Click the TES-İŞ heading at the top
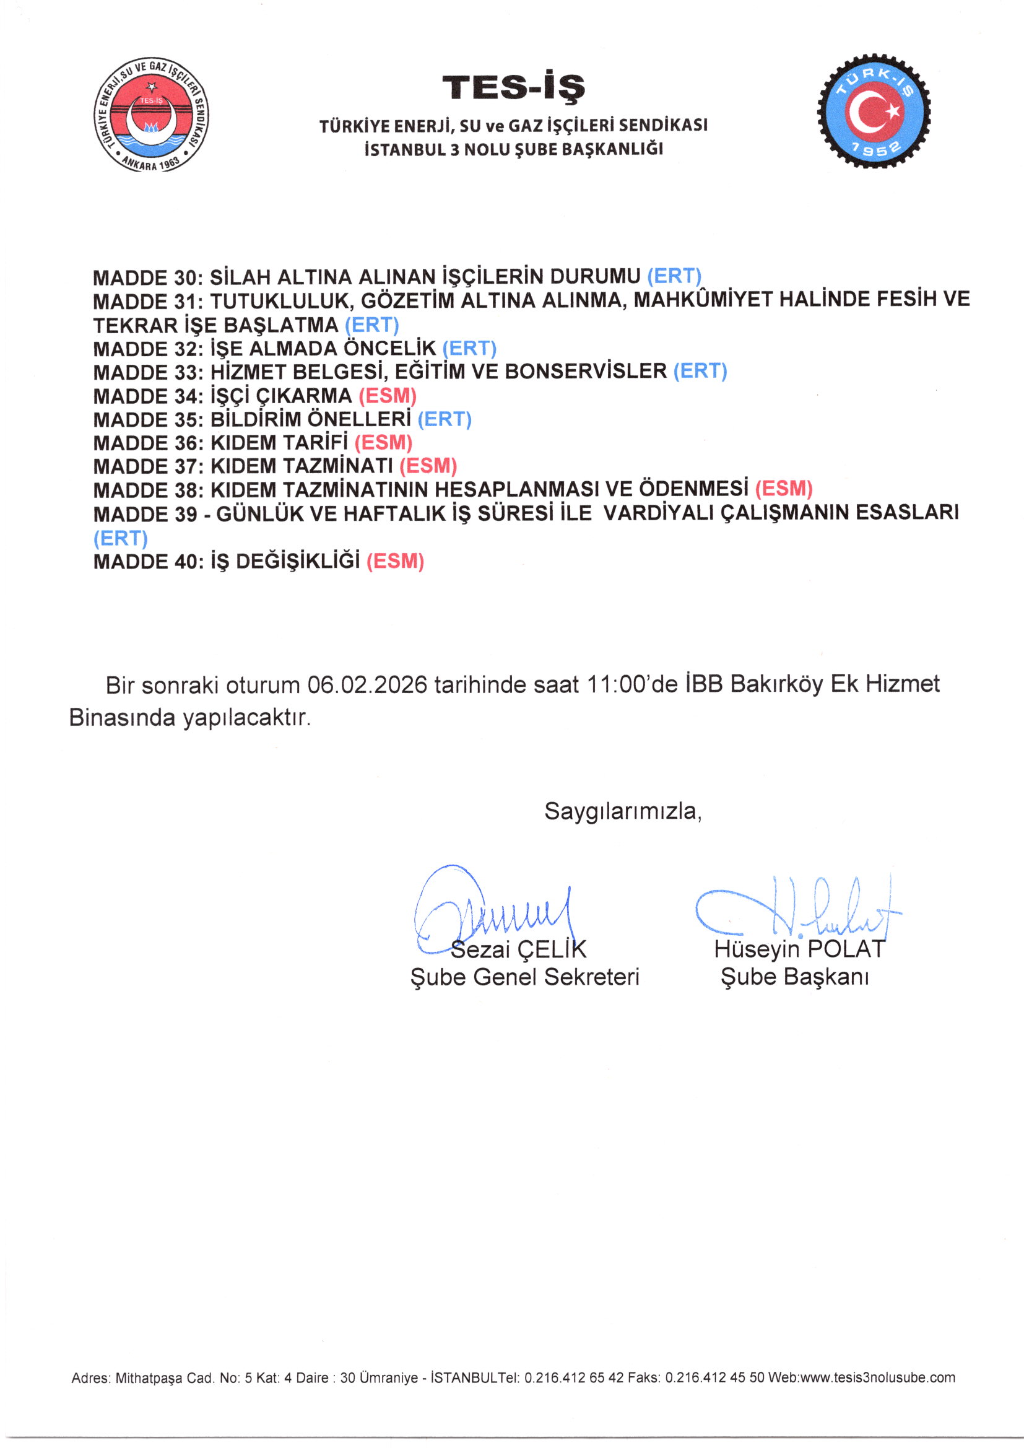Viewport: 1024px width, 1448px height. [x=513, y=88]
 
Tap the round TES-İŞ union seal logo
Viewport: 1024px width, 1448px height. [x=151, y=115]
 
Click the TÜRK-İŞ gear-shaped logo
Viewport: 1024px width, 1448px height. [x=874, y=112]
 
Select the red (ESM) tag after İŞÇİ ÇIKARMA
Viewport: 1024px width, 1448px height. [x=387, y=396]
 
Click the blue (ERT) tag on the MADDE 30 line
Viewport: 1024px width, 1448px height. [x=674, y=276]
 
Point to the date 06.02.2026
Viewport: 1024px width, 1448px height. [x=367, y=685]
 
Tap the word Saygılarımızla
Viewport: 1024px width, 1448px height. [x=622, y=811]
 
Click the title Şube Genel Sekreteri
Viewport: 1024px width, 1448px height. [x=524, y=977]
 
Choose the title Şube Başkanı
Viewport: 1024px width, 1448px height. [x=794, y=977]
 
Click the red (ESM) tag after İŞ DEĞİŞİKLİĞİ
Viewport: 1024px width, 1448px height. [x=395, y=561]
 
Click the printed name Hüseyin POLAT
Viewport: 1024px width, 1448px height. [x=799, y=949]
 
